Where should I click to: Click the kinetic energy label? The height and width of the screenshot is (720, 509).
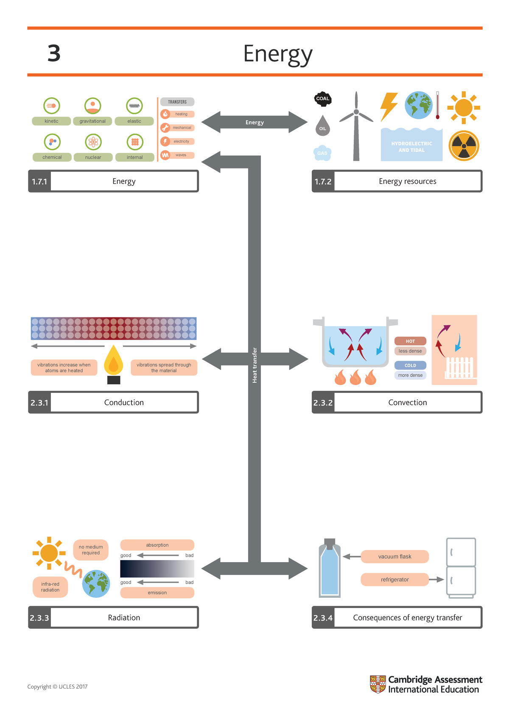pos(51,121)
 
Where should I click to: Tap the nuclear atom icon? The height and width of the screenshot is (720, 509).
pos(93,142)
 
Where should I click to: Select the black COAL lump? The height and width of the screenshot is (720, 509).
pos(323,98)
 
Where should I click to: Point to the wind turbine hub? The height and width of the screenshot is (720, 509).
pos(356,112)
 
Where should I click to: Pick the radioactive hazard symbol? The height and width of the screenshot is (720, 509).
pos(464,146)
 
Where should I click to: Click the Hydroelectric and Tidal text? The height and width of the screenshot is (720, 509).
pos(411,147)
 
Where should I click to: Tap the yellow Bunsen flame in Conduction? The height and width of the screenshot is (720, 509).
pos(113,360)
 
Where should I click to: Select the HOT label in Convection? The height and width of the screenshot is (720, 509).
pos(410,341)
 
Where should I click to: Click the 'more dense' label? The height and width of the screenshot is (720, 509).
pos(410,375)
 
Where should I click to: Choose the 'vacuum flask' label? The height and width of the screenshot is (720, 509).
pos(394,556)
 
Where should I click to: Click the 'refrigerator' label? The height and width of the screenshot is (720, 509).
pos(394,580)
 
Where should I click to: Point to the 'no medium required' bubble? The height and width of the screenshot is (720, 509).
pos(91,550)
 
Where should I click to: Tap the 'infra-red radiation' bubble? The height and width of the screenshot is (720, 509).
pos(50,587)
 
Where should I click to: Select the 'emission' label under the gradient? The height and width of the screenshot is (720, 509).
pos(157,593)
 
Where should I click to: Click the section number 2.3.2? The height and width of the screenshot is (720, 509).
pos(323,403)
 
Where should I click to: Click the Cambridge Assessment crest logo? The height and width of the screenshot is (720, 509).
pos(378,684)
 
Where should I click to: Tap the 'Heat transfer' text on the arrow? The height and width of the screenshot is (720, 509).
pos(255,365)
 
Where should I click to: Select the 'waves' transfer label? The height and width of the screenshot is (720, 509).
pos(181,155)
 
